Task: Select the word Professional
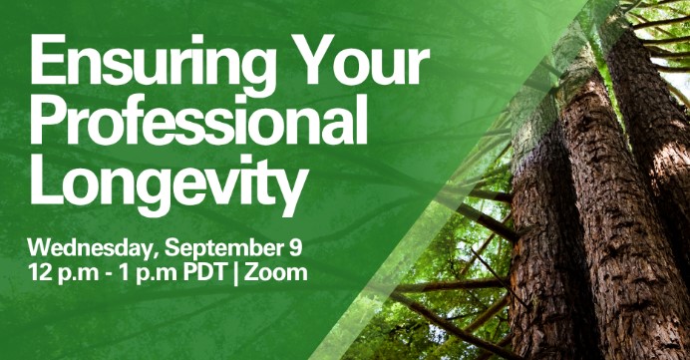[x=198, y=120]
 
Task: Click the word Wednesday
[x=92, y=248]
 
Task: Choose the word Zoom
[x=276, y=273]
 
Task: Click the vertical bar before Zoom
[x=236, y=274]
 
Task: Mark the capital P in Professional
[x=50, y=120]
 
